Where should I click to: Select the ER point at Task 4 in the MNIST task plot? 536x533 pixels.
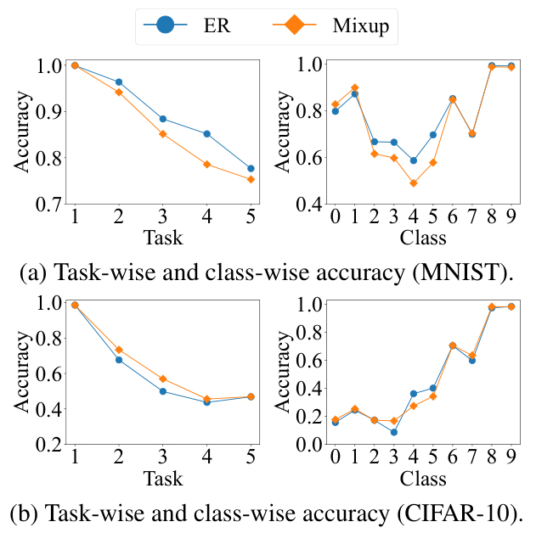tap(206, 133)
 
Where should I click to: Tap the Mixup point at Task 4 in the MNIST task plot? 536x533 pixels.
tap(206, 164)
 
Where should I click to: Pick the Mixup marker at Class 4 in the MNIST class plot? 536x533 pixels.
tap(414, 182)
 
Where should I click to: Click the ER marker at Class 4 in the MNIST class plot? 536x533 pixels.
tap(414, 160)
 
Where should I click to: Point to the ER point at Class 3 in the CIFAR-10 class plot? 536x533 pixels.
tap(394, 432)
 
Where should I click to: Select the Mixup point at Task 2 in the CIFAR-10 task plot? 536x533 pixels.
tap(119, 350)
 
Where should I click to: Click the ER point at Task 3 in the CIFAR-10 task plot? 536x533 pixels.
tap(162, 391)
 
